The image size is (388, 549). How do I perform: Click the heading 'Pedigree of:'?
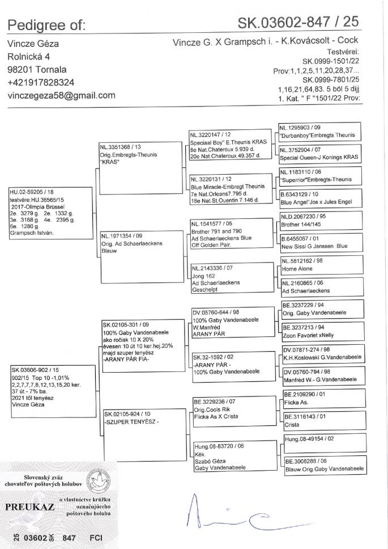(46, 24)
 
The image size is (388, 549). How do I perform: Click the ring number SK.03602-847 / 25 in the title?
(298, 23)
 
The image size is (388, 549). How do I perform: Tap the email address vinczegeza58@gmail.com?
(61, 95)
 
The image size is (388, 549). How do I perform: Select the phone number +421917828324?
(48, 82)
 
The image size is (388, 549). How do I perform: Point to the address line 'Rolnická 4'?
(28, 57)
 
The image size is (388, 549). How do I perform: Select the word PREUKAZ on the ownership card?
(29, 506)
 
